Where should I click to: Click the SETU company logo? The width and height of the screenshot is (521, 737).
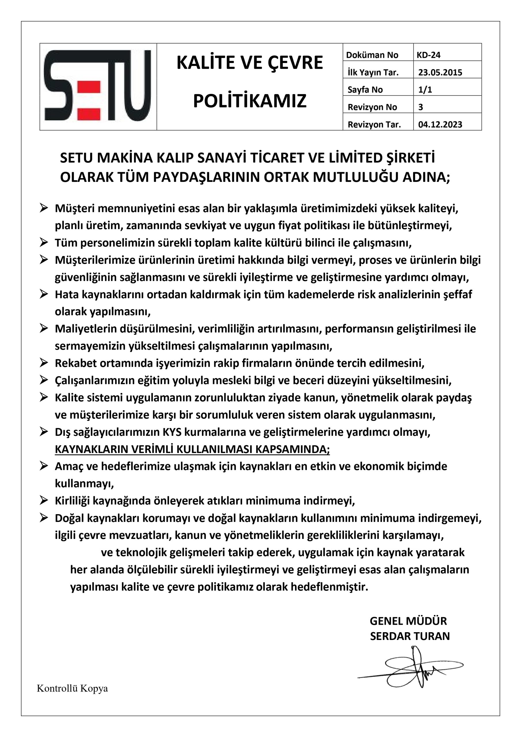(98, 86)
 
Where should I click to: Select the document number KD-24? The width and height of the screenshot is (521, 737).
(428, 55)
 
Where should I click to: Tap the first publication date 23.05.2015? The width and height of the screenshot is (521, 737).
(440, 72)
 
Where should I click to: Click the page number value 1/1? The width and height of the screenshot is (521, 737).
(425, 90)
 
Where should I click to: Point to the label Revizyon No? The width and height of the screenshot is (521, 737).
(372, 107)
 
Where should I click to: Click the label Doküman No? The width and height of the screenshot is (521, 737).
(372, 55)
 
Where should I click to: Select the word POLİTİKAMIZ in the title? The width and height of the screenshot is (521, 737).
(250, 101)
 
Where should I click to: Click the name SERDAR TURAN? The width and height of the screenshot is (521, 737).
(410, 636)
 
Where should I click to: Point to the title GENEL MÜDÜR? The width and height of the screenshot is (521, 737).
(408, 621)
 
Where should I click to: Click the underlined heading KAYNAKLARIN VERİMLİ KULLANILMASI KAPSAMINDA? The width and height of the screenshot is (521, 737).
(192, 449)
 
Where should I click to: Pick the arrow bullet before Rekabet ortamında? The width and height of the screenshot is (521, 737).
(44, 363)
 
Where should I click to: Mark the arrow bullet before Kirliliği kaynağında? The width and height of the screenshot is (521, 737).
(44, 500)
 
